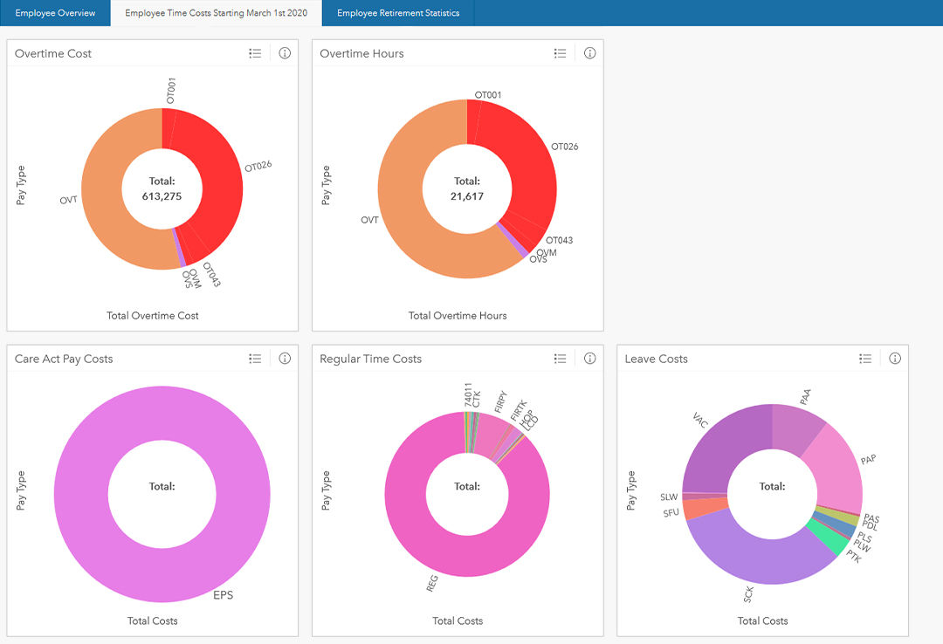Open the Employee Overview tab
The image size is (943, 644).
pos(55,13)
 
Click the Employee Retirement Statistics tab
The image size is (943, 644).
pos(398,13)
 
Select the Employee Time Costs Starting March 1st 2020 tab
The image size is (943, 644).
pos(216,13)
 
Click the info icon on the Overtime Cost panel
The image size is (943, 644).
pos(285,53)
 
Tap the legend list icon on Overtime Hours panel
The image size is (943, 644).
pos(561,53)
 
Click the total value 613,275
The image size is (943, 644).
pos(162,196)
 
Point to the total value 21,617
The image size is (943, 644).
pos(467,196)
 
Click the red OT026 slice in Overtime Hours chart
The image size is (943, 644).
pos(524,166)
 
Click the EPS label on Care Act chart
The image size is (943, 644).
pos(224,595)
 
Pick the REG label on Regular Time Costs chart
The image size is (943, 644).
pos(431,583)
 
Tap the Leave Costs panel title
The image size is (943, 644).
pos(656,359)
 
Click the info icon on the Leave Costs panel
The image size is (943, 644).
pos(894,359)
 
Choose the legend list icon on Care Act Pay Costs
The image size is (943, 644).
pos(255,359)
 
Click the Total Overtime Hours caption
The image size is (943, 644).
pos(458,315)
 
